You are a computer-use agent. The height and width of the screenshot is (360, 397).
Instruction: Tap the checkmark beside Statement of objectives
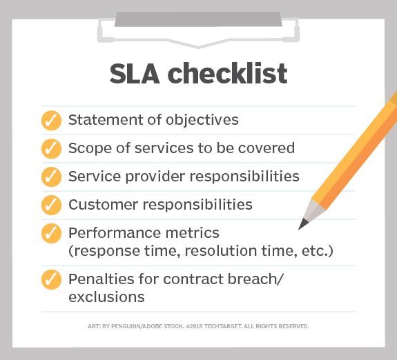51,120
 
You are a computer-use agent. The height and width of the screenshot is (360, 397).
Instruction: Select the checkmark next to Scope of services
51,148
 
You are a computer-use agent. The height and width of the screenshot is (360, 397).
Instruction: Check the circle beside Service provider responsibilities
51,177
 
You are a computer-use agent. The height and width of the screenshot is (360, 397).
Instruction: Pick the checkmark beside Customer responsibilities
51,205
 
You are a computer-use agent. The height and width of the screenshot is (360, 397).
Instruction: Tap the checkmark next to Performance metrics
51,234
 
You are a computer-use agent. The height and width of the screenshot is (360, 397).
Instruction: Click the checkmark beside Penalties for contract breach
51,280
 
